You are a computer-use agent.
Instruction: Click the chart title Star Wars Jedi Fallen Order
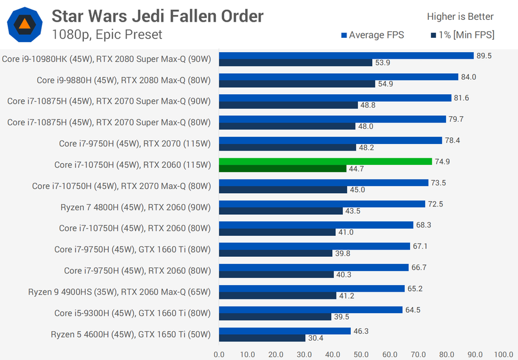(157, 16)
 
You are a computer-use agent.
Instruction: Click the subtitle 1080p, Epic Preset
(107, 35)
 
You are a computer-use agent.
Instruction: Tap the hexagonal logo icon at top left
(24, 24)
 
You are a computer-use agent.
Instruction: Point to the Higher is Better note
(460, 17)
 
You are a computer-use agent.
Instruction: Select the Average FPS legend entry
(372, 35)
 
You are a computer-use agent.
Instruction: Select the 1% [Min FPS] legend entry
(462, 35)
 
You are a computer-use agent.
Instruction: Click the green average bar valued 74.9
(326, 161)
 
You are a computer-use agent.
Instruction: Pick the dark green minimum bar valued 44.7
(282, 169)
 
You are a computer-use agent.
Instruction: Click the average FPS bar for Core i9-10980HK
(346, 56)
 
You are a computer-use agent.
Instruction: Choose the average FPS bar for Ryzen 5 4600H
(285, 331)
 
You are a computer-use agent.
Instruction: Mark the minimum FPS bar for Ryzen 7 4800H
(281, 211)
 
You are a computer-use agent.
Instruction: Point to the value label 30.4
(315, 338)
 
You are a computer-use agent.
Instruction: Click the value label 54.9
(384, 84)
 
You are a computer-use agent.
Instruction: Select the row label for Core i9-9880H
(124, 80)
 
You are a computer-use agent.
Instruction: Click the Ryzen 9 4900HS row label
(119, 292)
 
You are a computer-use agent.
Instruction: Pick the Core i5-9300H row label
(132, 313)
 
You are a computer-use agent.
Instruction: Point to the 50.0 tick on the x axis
(362, 355)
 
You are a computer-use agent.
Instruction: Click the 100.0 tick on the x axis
(504, 355)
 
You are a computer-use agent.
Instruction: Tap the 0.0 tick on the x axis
(219, 355)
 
